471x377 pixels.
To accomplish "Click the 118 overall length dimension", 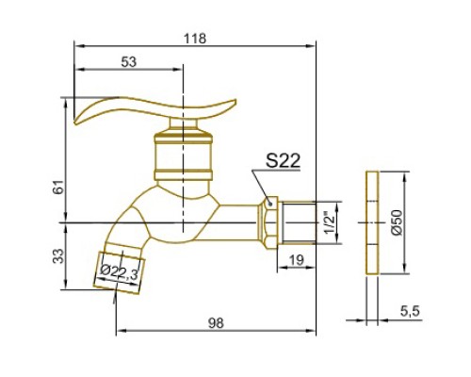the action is click(x=195, y=39).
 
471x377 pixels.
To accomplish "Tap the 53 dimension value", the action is click(x=129, y=62).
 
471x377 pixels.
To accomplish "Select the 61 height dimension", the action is click(x=59, y=188).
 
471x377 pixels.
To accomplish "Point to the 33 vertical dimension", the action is click(x=59, y=256).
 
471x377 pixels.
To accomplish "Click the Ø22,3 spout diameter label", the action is click(x=119, y=273).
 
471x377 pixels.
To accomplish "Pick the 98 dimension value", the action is click(x=216, y=323).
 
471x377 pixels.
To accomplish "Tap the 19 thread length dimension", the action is click(x=296, y=260).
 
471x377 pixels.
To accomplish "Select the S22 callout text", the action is click(x=283, y=161).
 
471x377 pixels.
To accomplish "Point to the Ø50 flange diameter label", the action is click(x=397, y=222).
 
